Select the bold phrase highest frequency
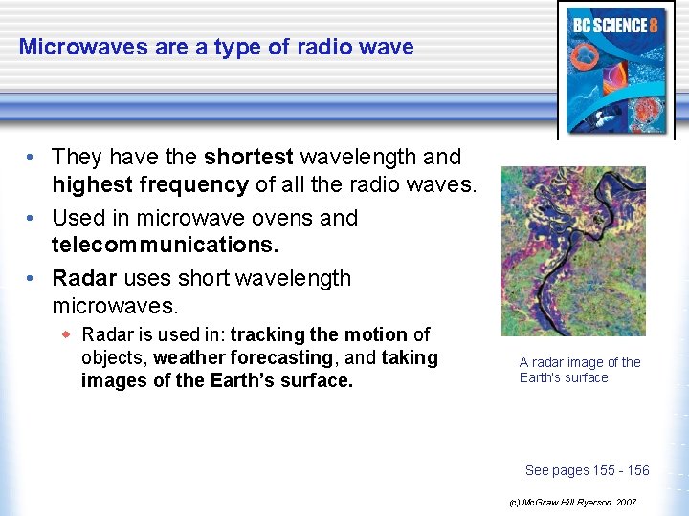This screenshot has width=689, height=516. point(150,183)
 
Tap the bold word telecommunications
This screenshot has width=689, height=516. point(165,245)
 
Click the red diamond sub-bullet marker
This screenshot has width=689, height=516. point(67,334)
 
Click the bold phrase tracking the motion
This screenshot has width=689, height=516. point(319,334)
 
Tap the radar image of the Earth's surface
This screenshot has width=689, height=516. point(573,251)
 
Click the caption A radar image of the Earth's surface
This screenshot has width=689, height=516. point(579,370)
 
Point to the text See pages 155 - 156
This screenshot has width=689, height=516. point(587,470)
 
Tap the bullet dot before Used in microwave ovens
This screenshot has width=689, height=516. point(33,219)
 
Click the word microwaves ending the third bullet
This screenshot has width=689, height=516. point(118,306)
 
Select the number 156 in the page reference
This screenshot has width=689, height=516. point(637,470)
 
